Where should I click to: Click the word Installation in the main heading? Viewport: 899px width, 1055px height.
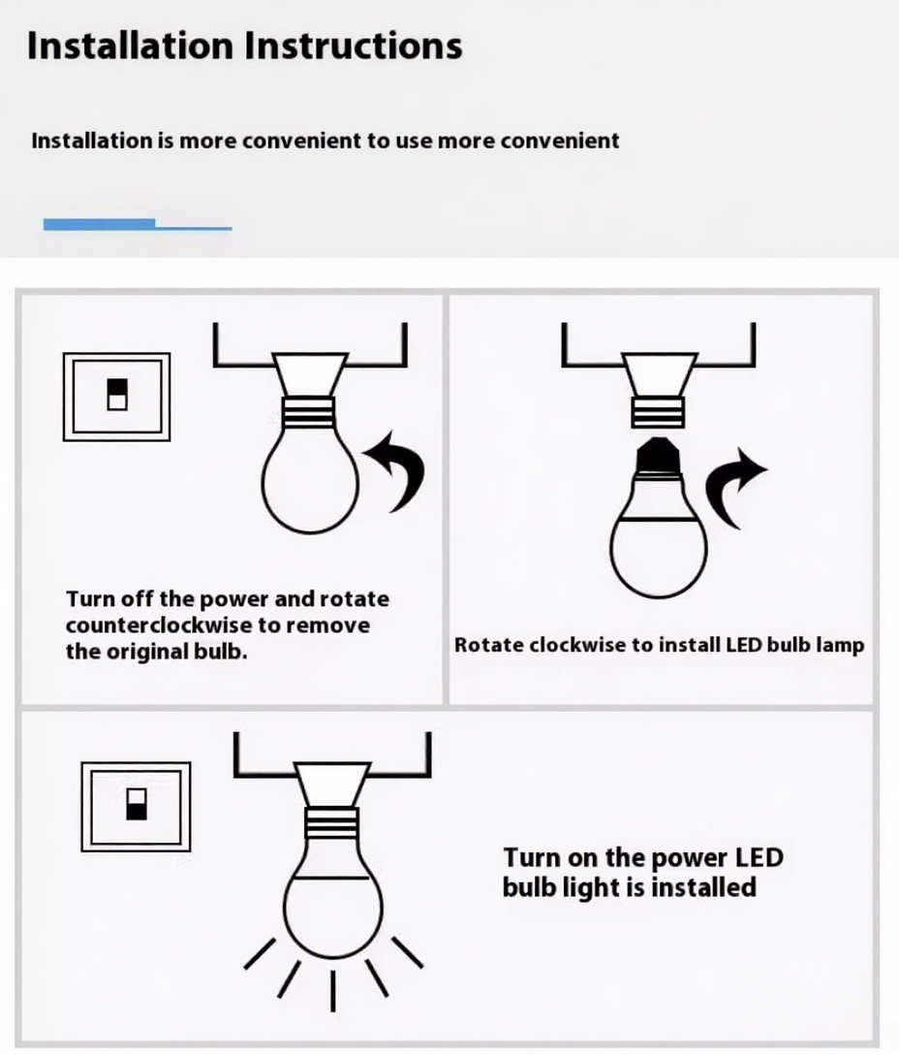(131, 46)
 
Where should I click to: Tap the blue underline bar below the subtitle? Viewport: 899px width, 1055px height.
(137, 225)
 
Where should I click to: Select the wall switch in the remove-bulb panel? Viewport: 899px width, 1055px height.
(116, 396)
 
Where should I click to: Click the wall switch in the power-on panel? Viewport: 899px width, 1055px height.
(136, 806)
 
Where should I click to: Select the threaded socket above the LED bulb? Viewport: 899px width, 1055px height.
(659, 409)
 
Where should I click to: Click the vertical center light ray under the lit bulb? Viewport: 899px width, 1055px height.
(333, 990)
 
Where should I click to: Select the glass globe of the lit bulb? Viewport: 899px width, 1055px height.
(332, 902)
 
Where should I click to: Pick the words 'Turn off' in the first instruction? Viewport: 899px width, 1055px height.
(105, 599)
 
